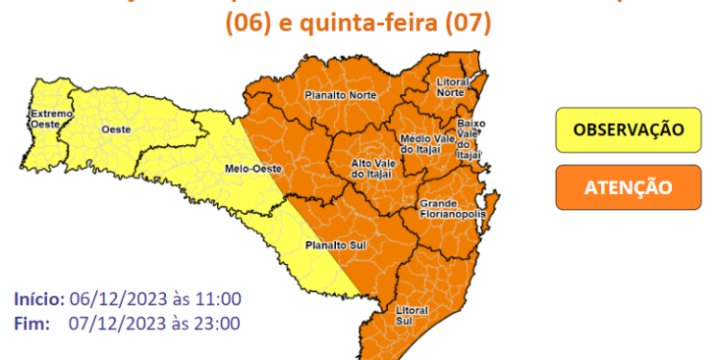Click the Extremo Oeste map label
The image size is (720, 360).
point(44,121)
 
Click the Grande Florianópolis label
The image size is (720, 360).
point(449,209)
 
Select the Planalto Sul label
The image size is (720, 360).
point(324,246)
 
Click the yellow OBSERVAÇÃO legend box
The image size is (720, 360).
point(628,130)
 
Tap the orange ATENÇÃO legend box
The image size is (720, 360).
point(628,186)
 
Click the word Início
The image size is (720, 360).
point(39,299)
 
